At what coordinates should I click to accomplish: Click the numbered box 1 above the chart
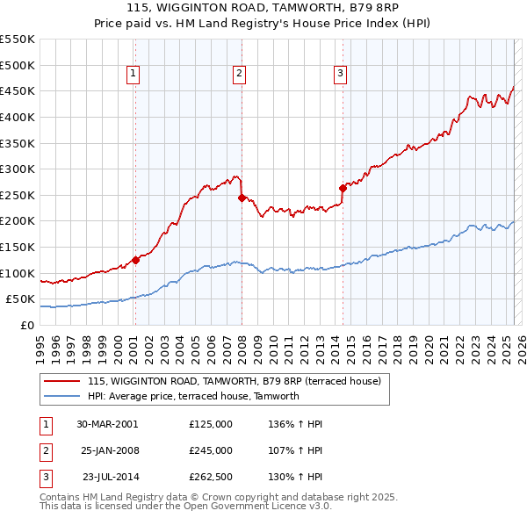(133, 75)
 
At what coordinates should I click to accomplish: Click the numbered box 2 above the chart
(239, 75)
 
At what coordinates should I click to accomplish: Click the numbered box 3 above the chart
(340, 75)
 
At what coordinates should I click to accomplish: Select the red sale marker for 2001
(135, 260)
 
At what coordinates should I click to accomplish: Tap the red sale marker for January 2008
(242, 198)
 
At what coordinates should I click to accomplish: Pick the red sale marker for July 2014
(343, 188)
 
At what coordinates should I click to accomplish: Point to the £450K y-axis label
(18, 90)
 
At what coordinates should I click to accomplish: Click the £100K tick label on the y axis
(18, 273)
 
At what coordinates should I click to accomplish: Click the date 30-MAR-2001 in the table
(107, 424)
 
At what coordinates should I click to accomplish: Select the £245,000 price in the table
(210, 450)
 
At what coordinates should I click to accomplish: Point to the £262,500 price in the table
(210, 478)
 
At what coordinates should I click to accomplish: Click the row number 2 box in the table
(44, 450)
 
